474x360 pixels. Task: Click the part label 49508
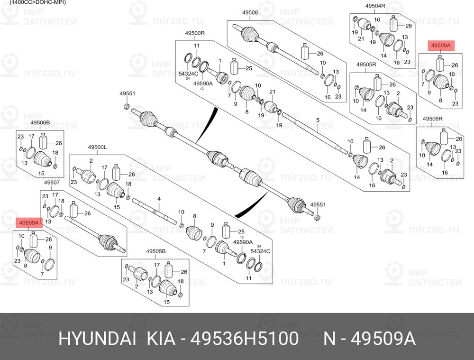point(250,13)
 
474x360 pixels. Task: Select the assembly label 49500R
point(195,33)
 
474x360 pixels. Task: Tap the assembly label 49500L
point(97,147)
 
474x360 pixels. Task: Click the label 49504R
point(375,6)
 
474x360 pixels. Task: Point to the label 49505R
point(366,65)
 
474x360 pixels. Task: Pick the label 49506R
point(433,119)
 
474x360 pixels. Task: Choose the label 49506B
point(40,122)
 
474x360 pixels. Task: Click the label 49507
point(52,183)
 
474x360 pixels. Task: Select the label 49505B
point(156,251)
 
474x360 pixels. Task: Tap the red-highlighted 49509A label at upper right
point(441,46)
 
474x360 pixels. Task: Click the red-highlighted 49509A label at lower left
point(29,223)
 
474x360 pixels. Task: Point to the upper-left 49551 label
point(127,93)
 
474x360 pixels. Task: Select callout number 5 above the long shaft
point(318,120)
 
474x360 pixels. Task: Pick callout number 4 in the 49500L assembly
point(159,199)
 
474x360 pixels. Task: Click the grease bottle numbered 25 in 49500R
point(234,66)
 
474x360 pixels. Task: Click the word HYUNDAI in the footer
point(97,339)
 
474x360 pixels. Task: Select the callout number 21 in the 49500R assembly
point(273,92)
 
